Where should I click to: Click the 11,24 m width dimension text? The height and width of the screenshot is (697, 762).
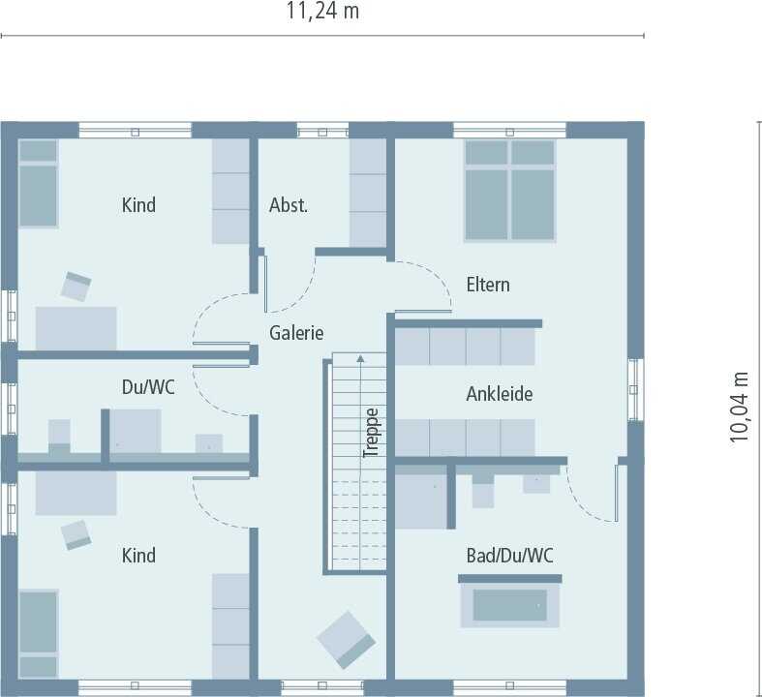pos(322,12)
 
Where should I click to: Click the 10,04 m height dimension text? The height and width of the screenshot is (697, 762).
pos(739,407)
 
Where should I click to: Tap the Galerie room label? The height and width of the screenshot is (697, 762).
pos(296,333)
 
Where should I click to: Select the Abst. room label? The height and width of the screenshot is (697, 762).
pos(289,205)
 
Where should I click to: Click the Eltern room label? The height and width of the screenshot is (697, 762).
pos(488,285)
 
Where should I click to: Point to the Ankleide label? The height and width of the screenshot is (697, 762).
pos(499,394)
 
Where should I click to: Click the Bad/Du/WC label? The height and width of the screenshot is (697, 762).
pos(510,555)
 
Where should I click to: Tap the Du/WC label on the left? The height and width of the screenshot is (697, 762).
pos(148,387)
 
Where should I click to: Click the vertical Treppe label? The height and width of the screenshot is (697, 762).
pos(371,433)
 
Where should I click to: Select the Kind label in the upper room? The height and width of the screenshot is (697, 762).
pos(138,205)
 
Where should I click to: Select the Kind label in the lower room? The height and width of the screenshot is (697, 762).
pos(138,555)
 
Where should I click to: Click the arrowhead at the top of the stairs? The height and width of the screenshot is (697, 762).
pos(360,358)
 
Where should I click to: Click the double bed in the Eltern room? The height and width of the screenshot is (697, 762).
pos(510,191)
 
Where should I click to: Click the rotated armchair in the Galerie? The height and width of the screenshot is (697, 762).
pos(346,640)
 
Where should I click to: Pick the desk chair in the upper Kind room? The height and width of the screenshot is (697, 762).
pos(76,287)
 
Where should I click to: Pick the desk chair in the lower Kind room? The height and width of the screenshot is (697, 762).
pos(76,535)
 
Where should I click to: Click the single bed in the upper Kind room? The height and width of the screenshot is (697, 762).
pos(39,184)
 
